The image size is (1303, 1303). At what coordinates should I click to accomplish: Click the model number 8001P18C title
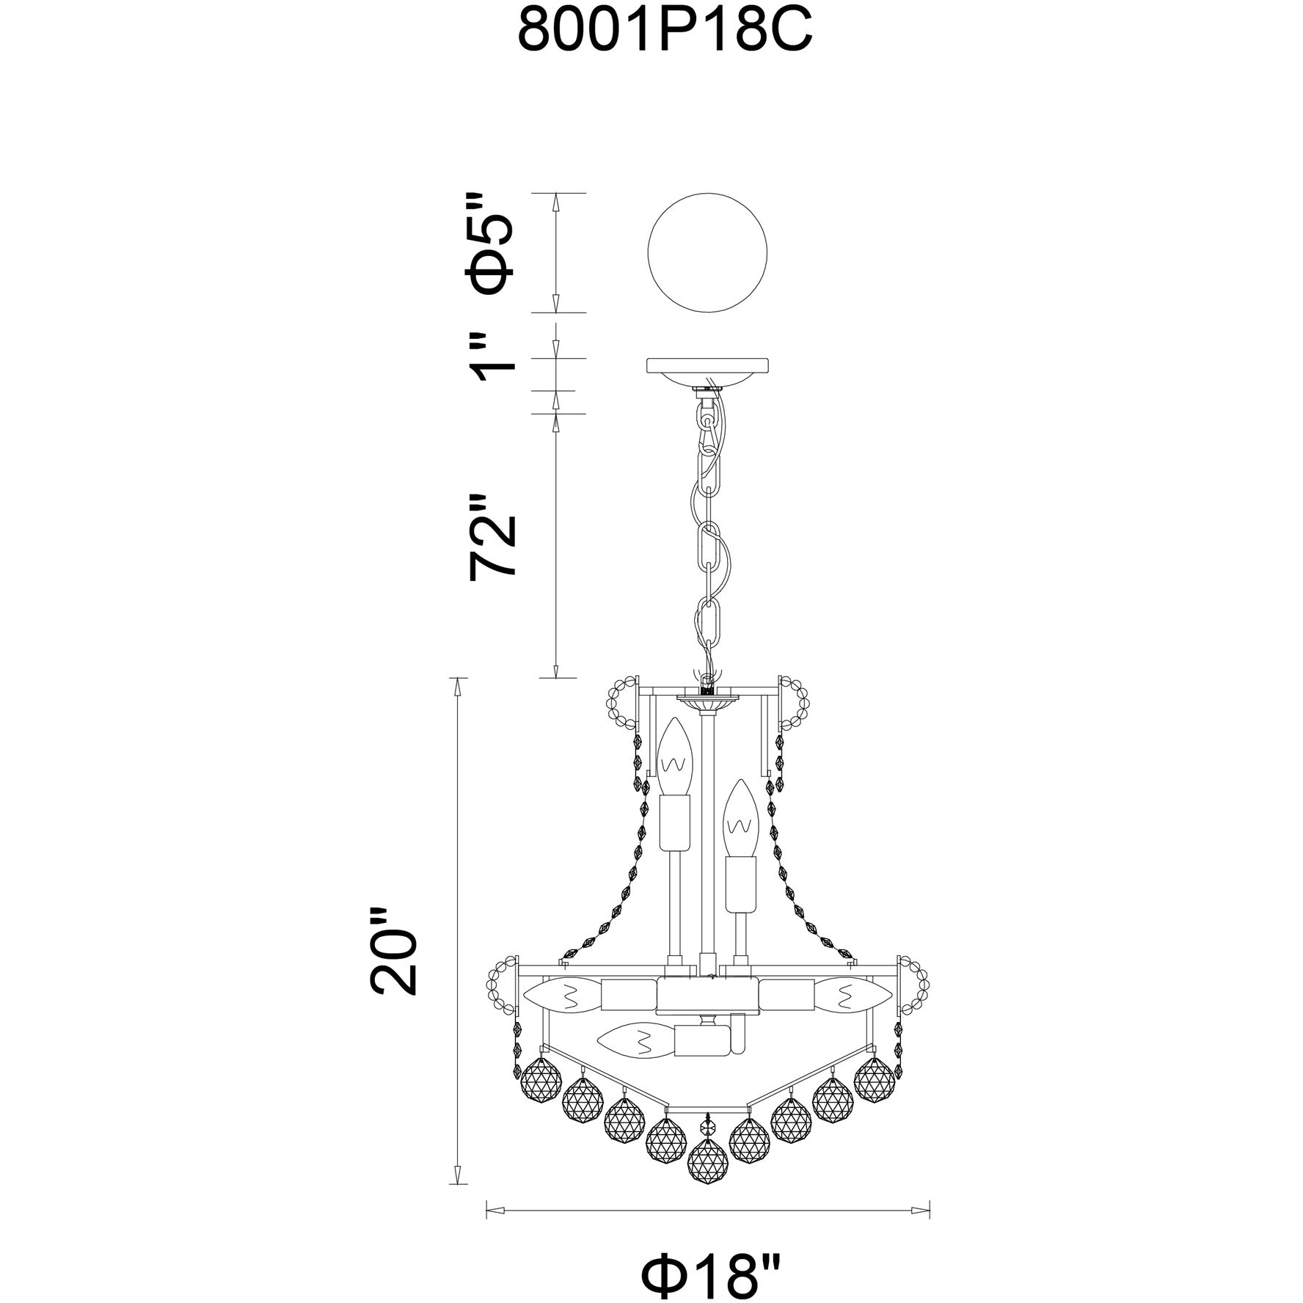(665, 31)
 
